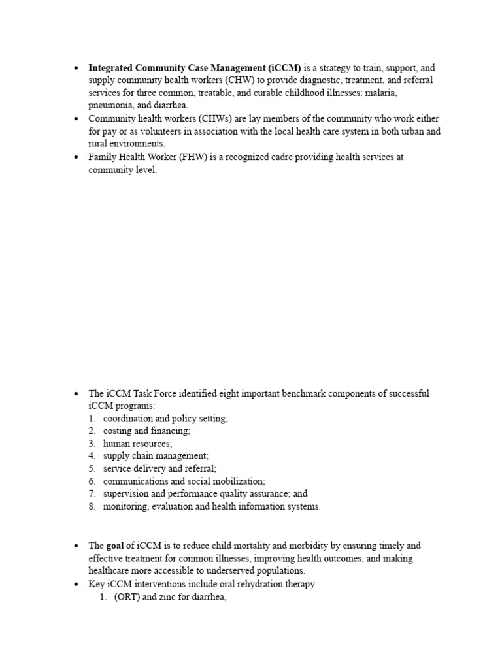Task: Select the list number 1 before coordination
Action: click(92, 419)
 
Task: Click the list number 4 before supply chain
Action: click(92, 456)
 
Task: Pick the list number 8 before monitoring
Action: click(92, 506)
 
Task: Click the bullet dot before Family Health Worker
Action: click(76, 157)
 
